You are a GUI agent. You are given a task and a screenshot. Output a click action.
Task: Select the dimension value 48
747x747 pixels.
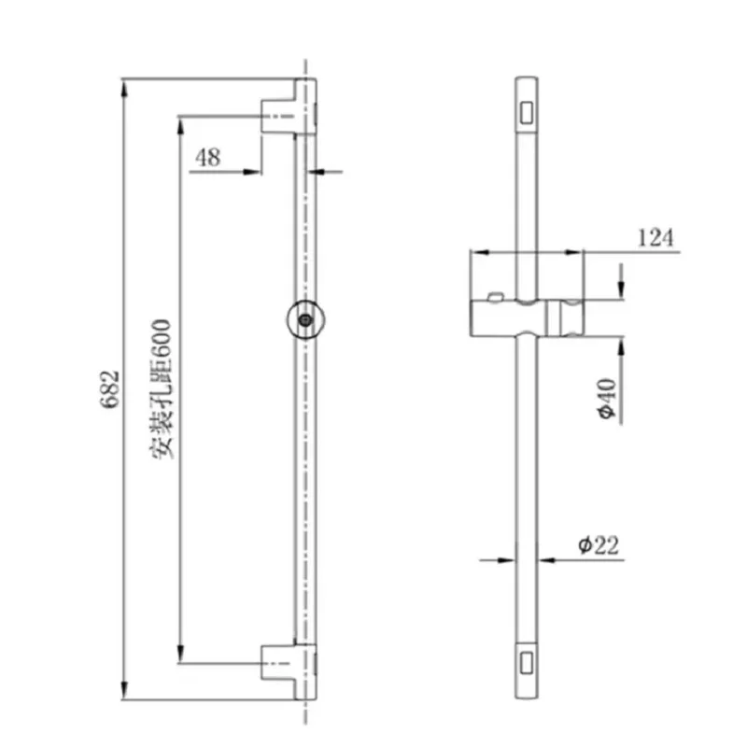point(207,157)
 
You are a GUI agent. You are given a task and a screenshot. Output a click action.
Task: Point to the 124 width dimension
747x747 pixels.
point(655,238)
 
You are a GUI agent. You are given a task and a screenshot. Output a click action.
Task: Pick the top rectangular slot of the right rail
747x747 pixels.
point(527,112)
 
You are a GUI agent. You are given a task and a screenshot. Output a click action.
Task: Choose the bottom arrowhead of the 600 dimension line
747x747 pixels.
point(181,659)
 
